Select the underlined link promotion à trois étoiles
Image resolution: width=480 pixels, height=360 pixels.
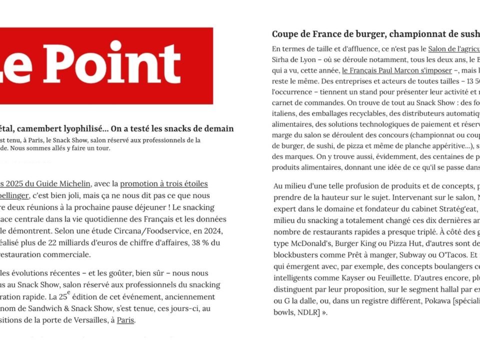[x=164, y=184]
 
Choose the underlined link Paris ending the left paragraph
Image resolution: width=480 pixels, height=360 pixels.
[x=125, y=320]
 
